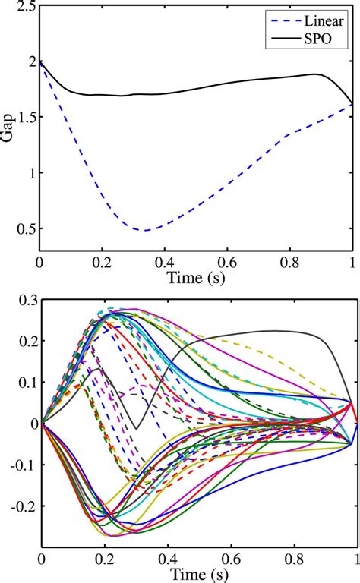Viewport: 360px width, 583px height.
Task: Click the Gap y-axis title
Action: pos(9,129)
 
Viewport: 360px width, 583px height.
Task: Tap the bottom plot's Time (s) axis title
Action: pos(197,574)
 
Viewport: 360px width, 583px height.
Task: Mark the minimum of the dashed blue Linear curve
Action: pos(144,230)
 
